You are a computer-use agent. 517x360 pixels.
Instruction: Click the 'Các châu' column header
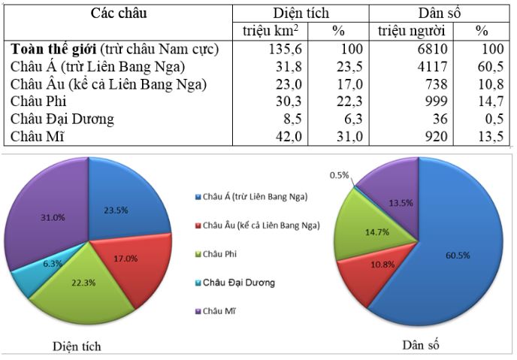(x=119, y=13)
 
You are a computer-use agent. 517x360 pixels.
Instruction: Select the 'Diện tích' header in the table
(x=301, y=13)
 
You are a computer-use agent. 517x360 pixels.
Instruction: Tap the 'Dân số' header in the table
(x=440, y=13)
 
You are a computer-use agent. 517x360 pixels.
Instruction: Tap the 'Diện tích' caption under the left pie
(x=77, y=346)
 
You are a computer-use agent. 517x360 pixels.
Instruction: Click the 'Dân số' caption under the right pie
(x=419, y=344)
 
